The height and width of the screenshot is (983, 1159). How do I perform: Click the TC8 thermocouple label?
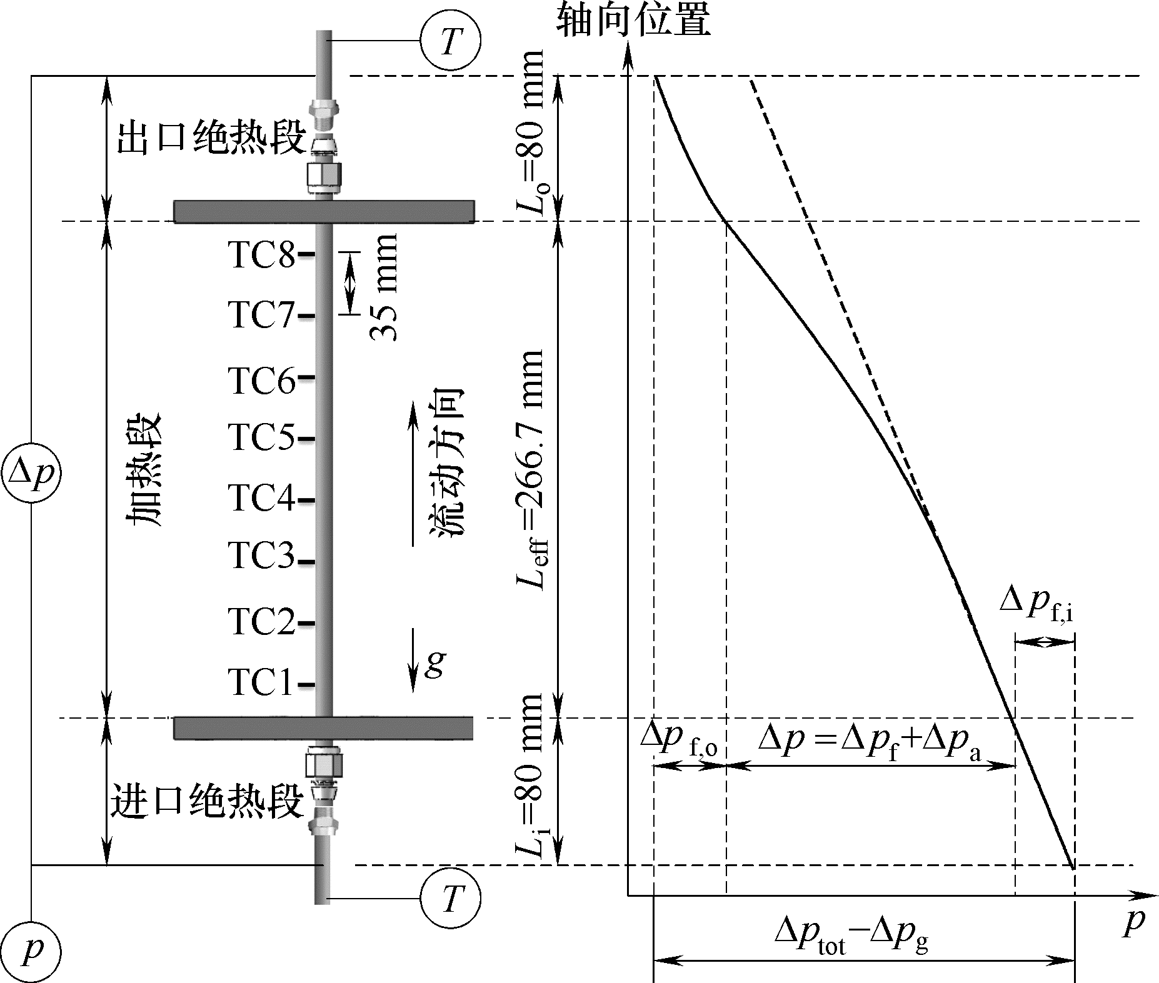click(261, 255)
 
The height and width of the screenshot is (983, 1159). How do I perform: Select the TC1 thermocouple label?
click(261, 682)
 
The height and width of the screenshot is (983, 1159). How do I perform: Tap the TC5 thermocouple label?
click(261, 437)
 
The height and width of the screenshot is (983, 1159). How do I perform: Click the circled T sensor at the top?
click(450, 42)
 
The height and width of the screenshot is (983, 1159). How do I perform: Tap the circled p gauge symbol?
click(31, 951)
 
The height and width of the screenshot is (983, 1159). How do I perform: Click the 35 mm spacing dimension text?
click(383, 287)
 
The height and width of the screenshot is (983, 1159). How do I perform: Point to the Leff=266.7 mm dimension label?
click(530, 469)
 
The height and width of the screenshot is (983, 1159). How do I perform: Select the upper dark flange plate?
click(323, 211)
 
